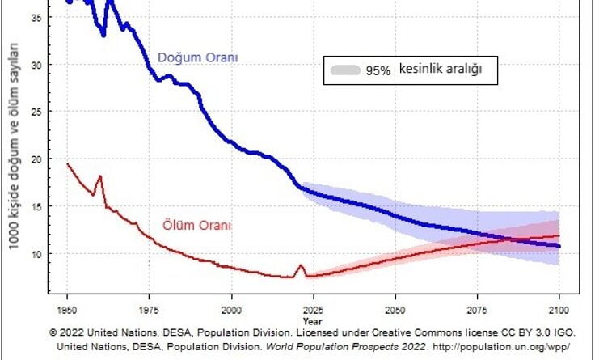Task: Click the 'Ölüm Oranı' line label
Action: point(198,226)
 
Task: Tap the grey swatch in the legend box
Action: point(345,70)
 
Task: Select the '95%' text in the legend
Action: point(378,70)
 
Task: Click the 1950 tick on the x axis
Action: point(68,310)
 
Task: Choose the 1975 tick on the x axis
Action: point(150,310)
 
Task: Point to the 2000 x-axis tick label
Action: point(232,310)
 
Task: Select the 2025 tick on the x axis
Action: point(314,310)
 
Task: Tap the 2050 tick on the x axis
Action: point(395,310)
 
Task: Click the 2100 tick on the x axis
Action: point(559,310)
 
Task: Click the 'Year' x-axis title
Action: point(314,320)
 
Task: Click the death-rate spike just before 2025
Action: point(301,266)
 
